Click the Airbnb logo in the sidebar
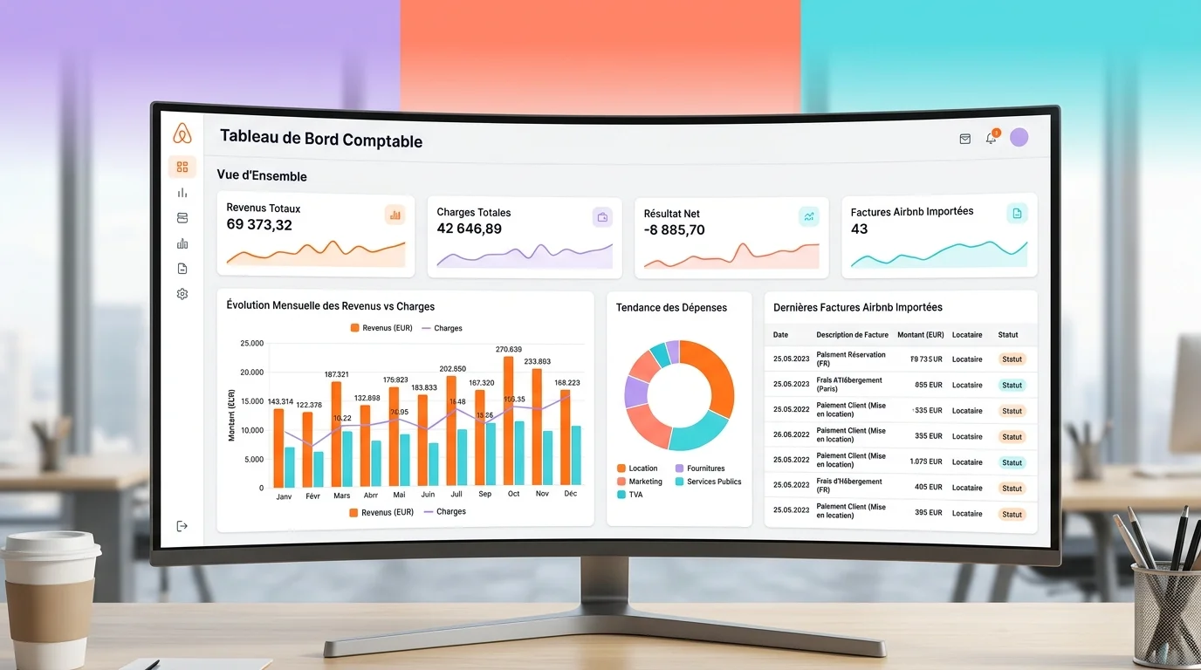pyautogui.click(x=182, y=133)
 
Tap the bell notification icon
pyautogui.click(x=991, y=138)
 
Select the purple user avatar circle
pyautogui.click(x=1019, y=137)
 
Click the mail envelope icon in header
pyautogui.click(x=964, y=139)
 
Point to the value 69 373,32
pyautogui.click(x=259, y=225)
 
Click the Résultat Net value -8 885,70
pyautogui.click(x=674, y=230)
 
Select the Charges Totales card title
pyautogui.click(x=473, y=212)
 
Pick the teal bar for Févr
pyautogui.click(x=319, y=468)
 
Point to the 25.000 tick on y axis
pyautogui.click(x=250, y=344)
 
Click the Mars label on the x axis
pyautogui.click(x=341, y=495)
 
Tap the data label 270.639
pyautogui.click(x=508, y=350)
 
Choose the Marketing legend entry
pyautogui.click(x=645, y=482)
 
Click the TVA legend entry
pyautogui.click(x=635, y=495)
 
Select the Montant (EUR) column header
pyautogui.click(x=920, y=335)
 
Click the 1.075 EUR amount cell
pyautogui.click(x=925, y=461)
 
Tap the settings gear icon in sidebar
pyautogui.click(x=182, y=294)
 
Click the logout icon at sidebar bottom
pyautogui.click(x=182, y=526)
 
